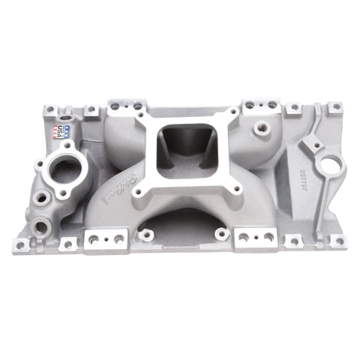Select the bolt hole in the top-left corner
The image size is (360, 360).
click(x=50, y=111)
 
